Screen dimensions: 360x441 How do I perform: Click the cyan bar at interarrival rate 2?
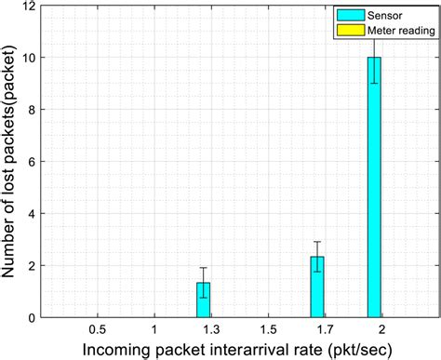point(374,186)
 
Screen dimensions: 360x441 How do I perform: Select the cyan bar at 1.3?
point(203,300)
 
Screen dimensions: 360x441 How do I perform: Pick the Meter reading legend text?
point(392,33)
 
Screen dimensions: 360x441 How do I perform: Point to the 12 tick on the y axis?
point(33,7)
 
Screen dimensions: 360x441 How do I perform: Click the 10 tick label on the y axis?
point(33,58)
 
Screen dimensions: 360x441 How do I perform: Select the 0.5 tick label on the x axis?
point(97,330)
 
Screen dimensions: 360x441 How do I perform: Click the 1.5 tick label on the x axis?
point(267,330)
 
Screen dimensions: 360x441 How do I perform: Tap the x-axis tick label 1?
point(154,330)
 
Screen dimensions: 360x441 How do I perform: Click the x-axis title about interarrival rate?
point(239,350)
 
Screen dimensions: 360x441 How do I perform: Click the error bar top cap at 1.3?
point(203,268)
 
